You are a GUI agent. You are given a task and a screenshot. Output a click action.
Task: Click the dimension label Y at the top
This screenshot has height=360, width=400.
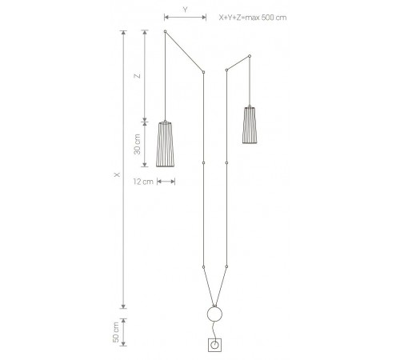(185, 10)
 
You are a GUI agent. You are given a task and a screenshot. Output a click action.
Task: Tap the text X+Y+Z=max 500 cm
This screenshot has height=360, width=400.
(253, 18)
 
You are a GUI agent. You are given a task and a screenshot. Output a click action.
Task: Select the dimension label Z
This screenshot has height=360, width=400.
(138, 76)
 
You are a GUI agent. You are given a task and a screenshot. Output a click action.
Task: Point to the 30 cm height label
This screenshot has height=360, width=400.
(137, 144)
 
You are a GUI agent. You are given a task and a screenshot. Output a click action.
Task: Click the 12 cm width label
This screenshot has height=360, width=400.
(143, 182)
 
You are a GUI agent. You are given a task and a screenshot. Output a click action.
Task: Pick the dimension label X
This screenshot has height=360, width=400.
(117, 174)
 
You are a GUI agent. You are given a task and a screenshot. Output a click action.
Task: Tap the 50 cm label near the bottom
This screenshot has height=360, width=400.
(116, 332)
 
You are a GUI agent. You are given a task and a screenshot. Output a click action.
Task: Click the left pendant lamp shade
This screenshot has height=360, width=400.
(165, 144)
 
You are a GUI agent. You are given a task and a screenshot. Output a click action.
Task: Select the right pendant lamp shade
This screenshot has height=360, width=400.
(250, 125)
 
